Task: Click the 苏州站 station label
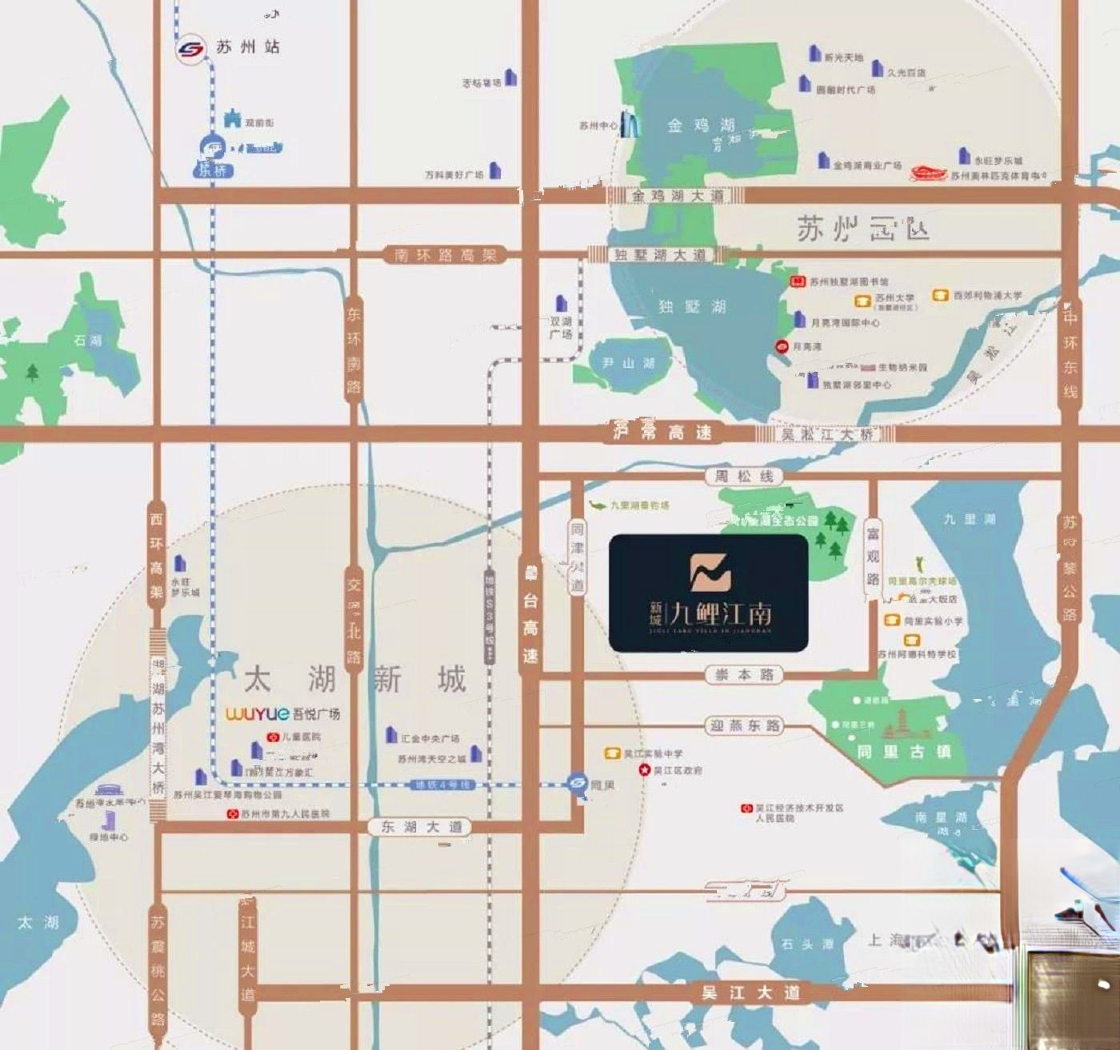pyautogui.click(x=248, y=47)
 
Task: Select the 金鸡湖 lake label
pyautogui.click(x=701, y=125)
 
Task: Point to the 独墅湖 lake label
pyautogui.click(x=692, y=306)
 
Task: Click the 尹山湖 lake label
pyautogui.click(x=628, y=363)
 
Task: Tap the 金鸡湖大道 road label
pyautogui.click(x=677, y=196)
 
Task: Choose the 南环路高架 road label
pyautogui.click(x=445, y=255)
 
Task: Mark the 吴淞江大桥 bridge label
pyautogui.click(x=827, y=434)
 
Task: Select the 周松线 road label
pyautogui.click(x=744, y=477)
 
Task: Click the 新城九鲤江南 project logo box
pyautogui.click(x=709, y=593)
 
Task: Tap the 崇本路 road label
pyautogui.click(x=745, y=675)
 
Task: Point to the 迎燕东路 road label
pyautogui.click(x=745, y=726)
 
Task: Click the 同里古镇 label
pyautogui.click(x=904, y=752)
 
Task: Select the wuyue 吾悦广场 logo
pyautogui.click(x=282, y=713)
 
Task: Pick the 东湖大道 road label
pyautogui.click(x=422, y=827)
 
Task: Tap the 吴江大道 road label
pyautogui.click(x=750, y=992)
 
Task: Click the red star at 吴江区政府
pyautogui.click(x=644, y=770)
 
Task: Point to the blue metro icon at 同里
pyautogui.click(x=577, y=785)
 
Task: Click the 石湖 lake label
pyautogui.click(x=88, y=341)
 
